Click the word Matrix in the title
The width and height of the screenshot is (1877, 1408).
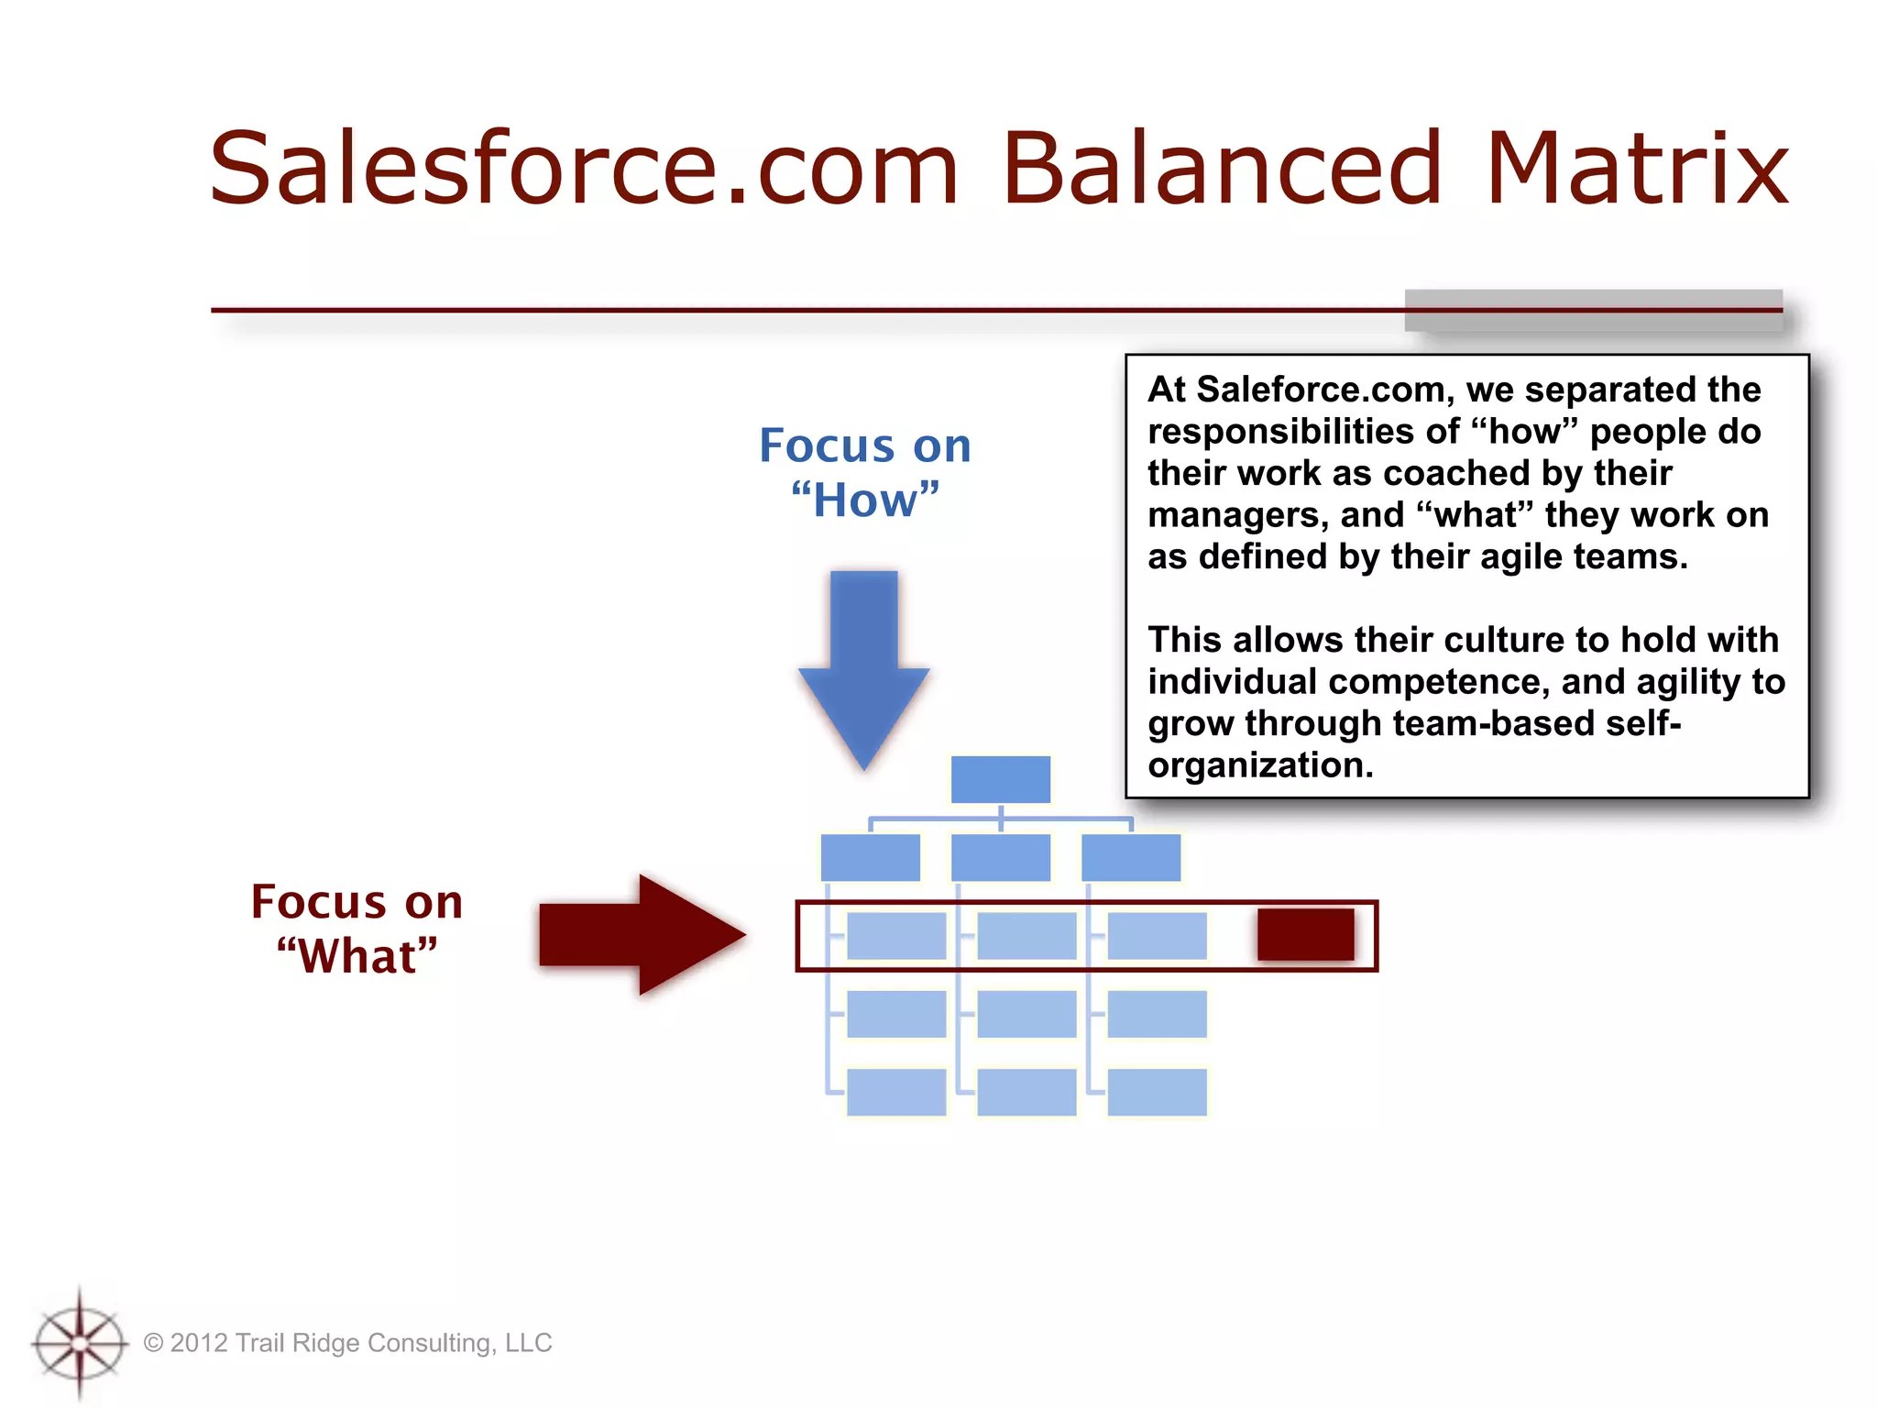point(1636,169)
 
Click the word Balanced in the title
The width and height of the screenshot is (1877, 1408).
point(1222,169)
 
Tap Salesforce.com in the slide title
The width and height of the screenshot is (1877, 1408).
point(583,169)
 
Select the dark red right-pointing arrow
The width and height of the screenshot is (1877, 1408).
point(642,934)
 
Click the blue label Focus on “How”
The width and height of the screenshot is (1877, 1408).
point(864,472)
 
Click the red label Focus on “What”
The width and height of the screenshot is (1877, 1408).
point(357,928)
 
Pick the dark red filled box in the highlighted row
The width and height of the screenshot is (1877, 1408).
point(1305,934)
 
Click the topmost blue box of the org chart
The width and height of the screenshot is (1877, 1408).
point(1000,779)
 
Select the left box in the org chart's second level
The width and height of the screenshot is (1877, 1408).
point(870,857)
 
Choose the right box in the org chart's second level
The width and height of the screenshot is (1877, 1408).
point(1131,857)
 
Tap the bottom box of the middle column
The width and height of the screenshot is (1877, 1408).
point(1026,1092)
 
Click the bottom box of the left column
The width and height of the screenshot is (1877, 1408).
point(895,1092)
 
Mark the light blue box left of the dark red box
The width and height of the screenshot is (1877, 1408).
point(1157,935)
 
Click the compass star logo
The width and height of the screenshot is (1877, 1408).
point(80,1342)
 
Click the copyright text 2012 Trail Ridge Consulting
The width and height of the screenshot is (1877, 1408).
point(348,1343)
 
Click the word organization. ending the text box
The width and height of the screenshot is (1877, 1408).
point(1260,765)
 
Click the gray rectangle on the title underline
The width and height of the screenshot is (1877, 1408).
point(1593,310)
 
